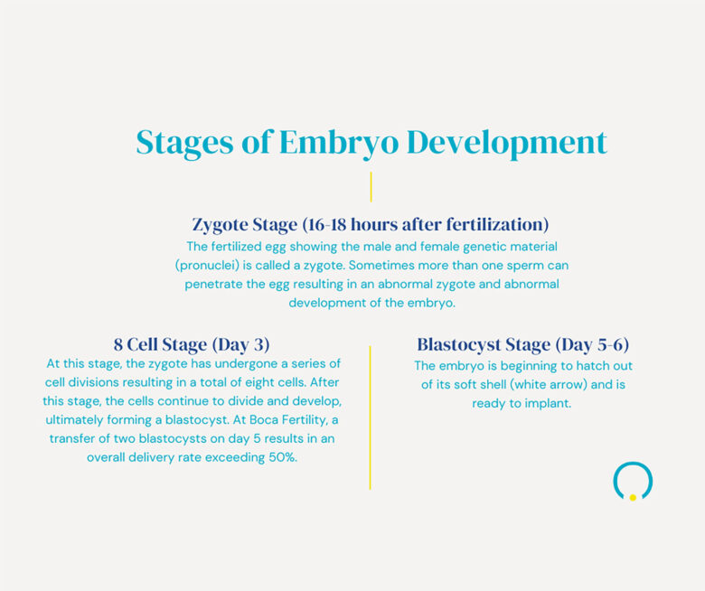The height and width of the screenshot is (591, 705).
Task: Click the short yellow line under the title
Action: pyautogui.click(x=371, y=187)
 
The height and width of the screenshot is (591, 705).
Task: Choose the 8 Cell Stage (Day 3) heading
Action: pyautogui.click(x=192, y=344)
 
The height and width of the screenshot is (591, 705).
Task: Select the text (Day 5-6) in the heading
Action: pyautogui.click(x=592, y=344)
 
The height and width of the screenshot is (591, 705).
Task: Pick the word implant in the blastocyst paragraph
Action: pyautogui.click(x=549, y=403)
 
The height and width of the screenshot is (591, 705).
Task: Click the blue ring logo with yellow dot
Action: pyautogui.click(x=633, y=482)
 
